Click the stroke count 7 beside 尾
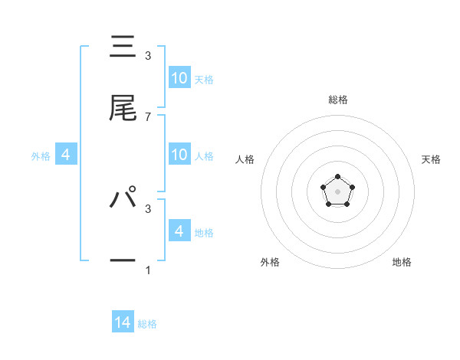148,116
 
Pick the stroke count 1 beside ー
148,270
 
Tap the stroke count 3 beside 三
148,56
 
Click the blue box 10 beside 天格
179,77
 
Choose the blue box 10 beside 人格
179,154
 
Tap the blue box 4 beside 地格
179,231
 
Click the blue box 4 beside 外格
66,154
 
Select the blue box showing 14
123,322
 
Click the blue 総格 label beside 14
147,324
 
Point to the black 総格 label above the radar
338,100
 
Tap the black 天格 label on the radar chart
431,159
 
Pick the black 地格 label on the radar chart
402,262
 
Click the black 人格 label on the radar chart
245,159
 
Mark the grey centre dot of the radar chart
337,190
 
